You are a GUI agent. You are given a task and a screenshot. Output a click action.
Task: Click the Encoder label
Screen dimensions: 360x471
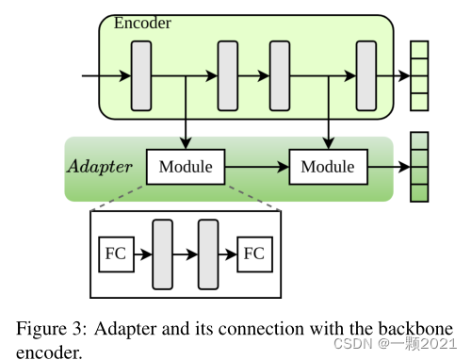(x=143, y=23)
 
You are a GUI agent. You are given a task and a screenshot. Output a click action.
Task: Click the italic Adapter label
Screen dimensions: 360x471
(x=99, y=168)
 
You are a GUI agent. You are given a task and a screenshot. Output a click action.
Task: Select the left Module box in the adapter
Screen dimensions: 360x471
(x=186, y=168)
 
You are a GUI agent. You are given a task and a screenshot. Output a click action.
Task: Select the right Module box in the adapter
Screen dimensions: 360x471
(x=328, y=168)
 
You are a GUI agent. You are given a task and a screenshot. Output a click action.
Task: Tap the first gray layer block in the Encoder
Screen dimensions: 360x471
(x=140, y=75)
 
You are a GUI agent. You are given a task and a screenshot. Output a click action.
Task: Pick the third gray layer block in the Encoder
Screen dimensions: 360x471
(x=281, y=75)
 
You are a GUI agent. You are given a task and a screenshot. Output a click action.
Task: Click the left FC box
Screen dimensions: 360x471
(x=114, y=254)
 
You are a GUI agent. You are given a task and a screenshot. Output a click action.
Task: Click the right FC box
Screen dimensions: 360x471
(x=254, y=254)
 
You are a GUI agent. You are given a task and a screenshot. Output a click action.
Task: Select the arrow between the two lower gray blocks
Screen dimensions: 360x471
(x=185, y=254)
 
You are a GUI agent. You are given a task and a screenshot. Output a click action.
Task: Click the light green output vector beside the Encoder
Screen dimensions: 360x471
(x=419, y=75)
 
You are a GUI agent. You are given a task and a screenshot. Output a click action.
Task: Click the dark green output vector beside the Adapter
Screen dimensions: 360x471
(x=419, y=168)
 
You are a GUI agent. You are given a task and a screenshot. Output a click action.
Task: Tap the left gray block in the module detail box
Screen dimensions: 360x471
(x=162, y=254)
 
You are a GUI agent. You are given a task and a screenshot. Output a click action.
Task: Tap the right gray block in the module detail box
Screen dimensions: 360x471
(x=208, y=254)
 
